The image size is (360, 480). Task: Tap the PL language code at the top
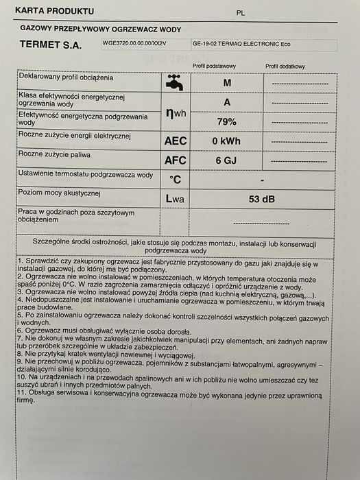(x=240, y=12)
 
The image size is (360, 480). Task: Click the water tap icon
(x=175, y=83)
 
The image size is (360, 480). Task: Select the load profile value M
(x=226, y=83)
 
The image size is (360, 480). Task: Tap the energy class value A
(x=226, y=101)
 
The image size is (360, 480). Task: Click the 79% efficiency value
(x=226, y=121)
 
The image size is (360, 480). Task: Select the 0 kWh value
(x=226, y=141)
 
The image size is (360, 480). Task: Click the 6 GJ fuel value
(x=226, y=160)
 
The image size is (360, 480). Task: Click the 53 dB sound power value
(x=261, y=199)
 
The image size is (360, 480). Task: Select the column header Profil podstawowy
(x=215, y=66)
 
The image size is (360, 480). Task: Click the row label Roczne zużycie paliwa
(x=56, y=155)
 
